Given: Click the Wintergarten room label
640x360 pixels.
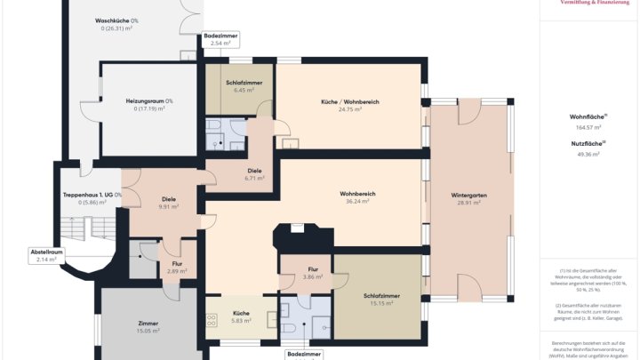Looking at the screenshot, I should coord(468,194).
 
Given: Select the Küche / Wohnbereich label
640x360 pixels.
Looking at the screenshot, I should coord(349,101).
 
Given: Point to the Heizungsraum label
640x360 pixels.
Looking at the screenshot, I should coord(149,101).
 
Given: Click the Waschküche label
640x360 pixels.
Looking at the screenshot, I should coord(116,20).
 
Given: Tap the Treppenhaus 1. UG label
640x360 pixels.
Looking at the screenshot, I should coord(92,194).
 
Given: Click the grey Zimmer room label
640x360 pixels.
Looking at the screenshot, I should coord(148,324).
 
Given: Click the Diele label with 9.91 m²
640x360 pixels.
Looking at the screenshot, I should coord(169,199).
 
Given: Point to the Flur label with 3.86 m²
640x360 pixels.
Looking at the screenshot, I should coord(313,269).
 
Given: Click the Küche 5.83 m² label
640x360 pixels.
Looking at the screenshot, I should coord(241,314).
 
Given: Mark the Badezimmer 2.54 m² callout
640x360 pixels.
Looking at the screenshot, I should coord(220,36).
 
